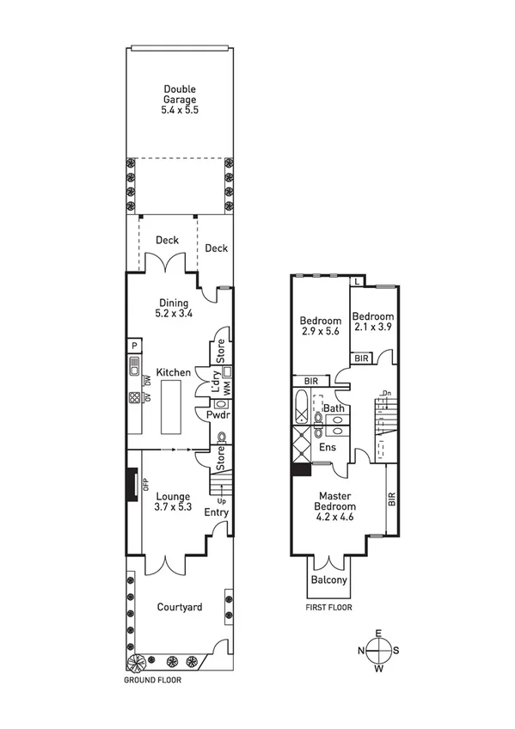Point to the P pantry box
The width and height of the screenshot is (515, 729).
click(134, 346)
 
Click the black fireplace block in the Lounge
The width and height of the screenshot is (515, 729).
click(132, 483)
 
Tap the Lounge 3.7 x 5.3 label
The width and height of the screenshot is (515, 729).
click(171, 501)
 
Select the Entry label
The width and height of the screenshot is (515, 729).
click(216, 513)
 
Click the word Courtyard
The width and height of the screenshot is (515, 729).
click(180, 608)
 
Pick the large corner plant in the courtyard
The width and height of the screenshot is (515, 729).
click(137, 663)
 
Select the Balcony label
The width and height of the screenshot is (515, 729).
click(329, 580)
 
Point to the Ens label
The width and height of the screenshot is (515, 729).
click(327, 447)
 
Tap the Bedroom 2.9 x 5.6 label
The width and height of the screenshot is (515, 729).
click(319, 325)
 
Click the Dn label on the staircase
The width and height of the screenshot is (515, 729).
click(387, 394)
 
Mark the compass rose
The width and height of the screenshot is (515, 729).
click(378, 650)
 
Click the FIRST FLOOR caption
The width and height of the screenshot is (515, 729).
click(328, 608)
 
